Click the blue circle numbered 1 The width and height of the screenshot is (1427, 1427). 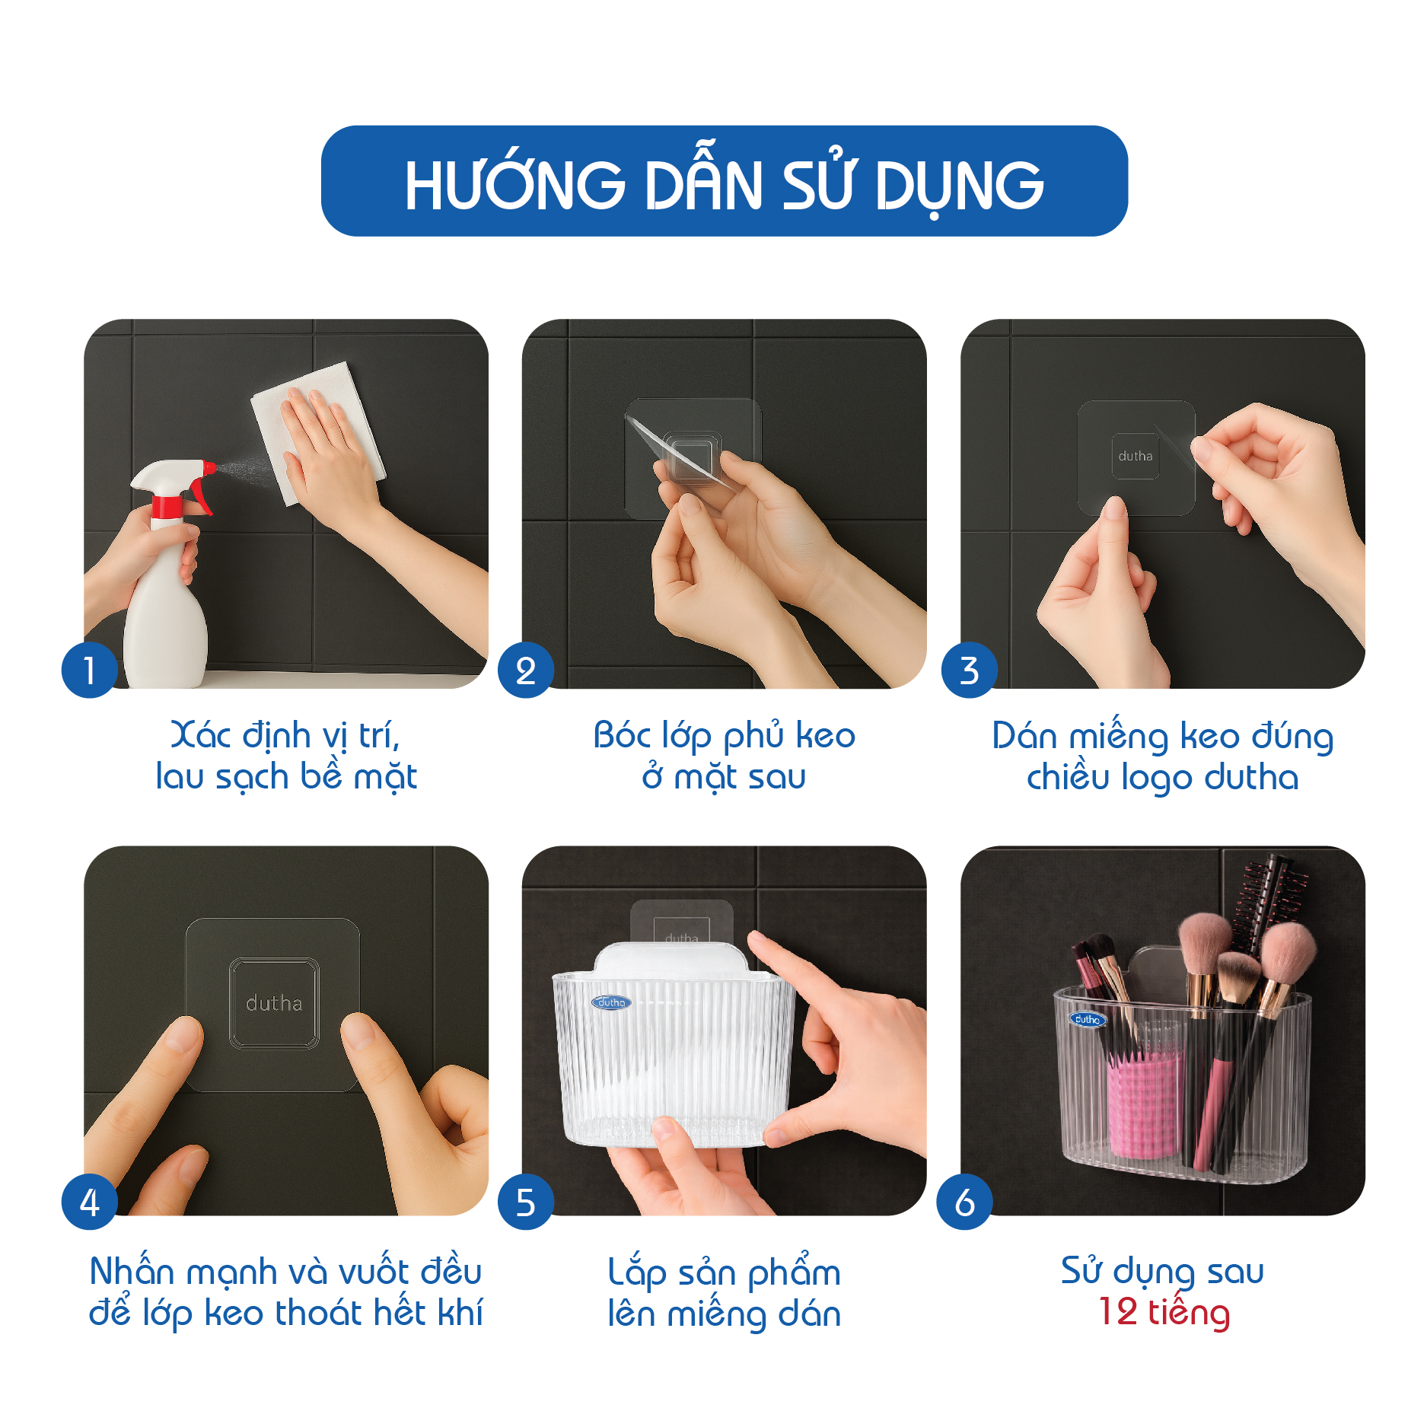[x=90, y=670]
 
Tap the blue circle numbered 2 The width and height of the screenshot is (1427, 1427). [x=525, y=670]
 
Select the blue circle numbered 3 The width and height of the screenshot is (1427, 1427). [x=969, y=670]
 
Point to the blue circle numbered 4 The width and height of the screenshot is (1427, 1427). [x=90, y=1202]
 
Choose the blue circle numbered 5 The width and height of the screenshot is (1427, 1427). [x=525, y=1202]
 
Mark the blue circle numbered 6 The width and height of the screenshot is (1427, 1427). [x=964, y=1202]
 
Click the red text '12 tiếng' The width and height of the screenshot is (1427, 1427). [x=1164, y=1313]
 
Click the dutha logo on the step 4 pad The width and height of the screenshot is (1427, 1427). [x=274, y=1003]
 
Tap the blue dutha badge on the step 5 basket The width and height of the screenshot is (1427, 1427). [x=611, y=1002]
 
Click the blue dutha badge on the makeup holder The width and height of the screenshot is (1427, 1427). [x=1088, y=1019]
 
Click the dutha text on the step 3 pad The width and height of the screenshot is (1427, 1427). [x=1136, y=456]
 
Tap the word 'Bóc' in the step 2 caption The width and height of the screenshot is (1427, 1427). [x=623, y=735]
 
